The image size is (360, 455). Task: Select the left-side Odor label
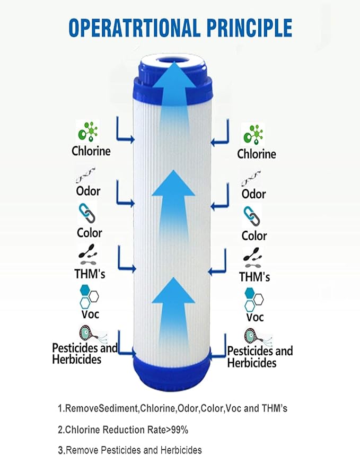(x=87, y=190)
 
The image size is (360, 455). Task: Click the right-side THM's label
(x=254, y=277)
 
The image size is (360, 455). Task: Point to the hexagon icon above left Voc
(x=88, y=296)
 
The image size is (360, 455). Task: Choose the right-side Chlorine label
(x=257, y=154)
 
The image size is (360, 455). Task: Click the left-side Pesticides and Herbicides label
(x=85, y=354)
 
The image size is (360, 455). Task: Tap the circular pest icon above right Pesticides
(x=252, y=336)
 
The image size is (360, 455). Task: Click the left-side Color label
(x=90, y=232)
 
